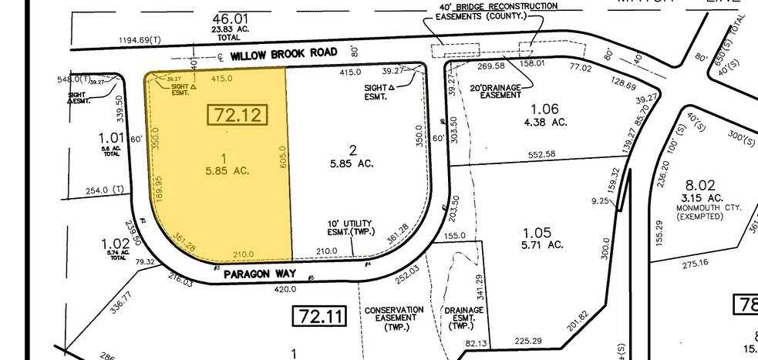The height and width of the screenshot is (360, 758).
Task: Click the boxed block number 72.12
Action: click(x=238, y=116)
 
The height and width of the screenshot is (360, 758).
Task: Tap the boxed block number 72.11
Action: click(x=319, y=315)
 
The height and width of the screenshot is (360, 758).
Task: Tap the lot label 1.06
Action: click(x=545, y=109)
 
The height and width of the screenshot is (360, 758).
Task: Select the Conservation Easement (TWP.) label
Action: click(x=394, y=318)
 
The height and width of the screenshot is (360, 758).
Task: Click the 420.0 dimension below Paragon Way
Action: click(x=285, y=289)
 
